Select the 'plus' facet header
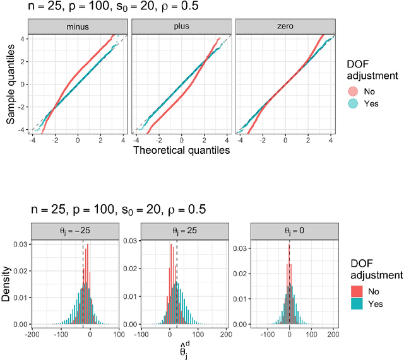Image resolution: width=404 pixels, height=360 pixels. (182, 27)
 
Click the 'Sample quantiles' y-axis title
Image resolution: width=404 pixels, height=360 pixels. (10, 83)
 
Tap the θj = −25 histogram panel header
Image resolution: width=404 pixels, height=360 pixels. (73, 231)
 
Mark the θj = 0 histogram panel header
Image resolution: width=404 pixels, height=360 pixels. (289, 231)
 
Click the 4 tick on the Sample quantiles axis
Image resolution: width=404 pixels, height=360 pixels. (23, 38)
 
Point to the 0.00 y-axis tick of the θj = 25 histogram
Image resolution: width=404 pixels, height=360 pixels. (133, 324)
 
